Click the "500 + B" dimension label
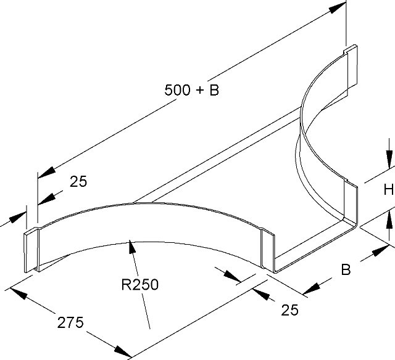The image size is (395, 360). (192, 91)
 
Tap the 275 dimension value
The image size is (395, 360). (70, 322)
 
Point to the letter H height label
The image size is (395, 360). (388, 190)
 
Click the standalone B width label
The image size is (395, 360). (346, 269)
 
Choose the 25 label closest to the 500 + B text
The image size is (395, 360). (78, 181)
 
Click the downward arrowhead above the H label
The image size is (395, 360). (389, 162)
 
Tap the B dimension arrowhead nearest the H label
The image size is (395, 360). (381, 250)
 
